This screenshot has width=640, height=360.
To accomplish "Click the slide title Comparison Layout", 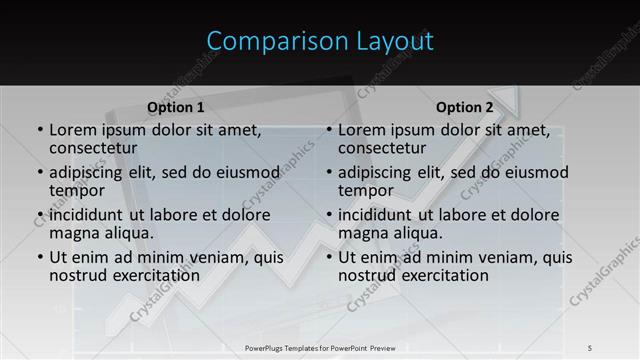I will [x=320, y=41].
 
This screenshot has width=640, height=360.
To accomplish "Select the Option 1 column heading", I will [x=176, y=107].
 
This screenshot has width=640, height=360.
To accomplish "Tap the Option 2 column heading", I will [x=464, y=107].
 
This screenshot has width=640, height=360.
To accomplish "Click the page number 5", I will [x=590, y=347].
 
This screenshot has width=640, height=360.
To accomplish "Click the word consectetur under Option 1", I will [x=93, y=148].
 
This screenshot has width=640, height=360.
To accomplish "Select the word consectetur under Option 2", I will [x=382, y=148].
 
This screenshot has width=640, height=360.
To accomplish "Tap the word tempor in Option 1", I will [x=77, y=190].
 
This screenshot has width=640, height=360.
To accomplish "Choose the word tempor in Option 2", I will [x=366, y=190].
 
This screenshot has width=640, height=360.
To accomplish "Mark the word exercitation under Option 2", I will [x=440, y=275].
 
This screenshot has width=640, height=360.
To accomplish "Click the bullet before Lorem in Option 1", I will [x=40, y=131].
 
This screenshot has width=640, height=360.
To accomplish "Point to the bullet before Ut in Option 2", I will [x=329, y=258].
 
